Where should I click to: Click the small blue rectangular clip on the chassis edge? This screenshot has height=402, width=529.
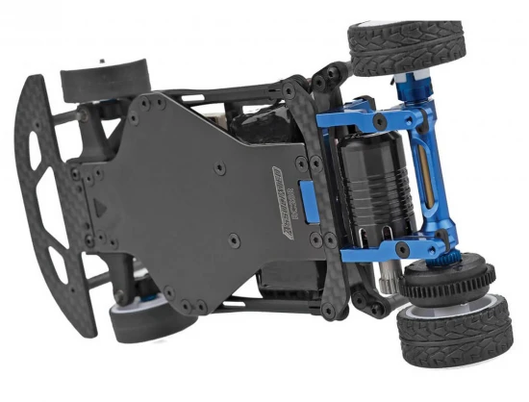[x=307, y=198]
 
